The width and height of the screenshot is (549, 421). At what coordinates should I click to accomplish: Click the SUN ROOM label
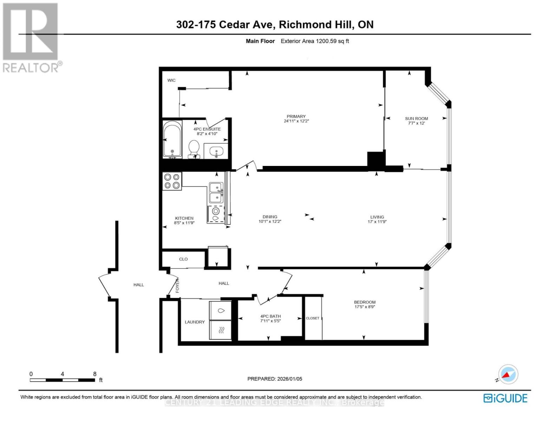tap(416, 119)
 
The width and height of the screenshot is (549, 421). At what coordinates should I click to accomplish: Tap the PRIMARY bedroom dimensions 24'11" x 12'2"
tap(296, 121)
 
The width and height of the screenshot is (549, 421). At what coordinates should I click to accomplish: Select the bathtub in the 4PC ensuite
tap(172, 139)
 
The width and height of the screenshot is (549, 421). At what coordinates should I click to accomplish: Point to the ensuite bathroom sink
tap(216, 151)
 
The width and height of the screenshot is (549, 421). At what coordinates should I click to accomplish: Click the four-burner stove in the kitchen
tap(172, 181)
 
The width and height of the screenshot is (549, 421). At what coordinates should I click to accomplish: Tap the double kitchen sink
tap(216, 193)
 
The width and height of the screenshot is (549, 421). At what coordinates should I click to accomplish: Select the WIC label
tap(171, 80)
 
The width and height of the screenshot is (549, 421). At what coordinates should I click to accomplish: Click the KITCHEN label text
tap(184, 218)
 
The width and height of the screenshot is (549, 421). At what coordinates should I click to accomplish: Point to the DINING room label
tap(270, 217)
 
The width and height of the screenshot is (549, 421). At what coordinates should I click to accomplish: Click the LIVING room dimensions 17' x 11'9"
tap(377, 222)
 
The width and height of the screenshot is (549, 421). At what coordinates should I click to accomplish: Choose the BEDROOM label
tap(365, 302)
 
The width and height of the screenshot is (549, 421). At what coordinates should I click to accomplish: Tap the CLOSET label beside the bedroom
tap(313, 318)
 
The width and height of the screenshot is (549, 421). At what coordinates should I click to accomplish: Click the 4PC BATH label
tap(270, 316)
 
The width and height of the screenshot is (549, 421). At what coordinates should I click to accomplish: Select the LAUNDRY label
tap(195, 322)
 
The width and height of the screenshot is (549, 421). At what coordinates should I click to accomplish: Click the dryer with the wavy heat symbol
tap(221, 330)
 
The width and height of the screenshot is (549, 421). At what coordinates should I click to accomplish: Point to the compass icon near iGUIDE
tap(508, 375)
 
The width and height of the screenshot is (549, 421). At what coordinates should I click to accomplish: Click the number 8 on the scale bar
tap(94, 374)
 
